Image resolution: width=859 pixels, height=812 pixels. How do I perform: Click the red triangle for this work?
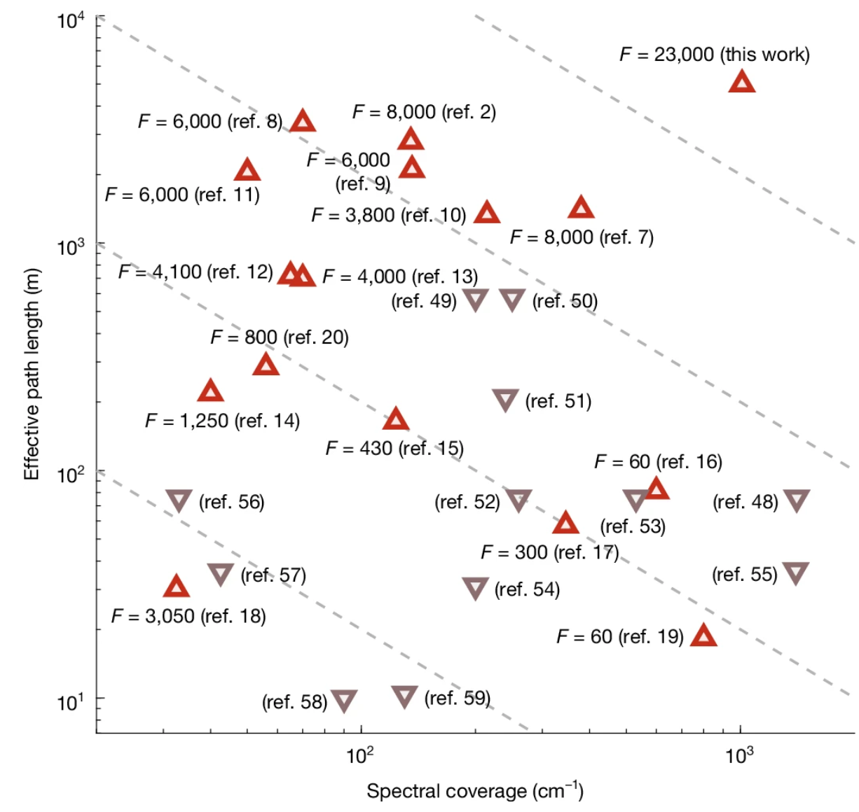coord(742,83)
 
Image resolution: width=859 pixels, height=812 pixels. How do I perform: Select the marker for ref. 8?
coord(303,122)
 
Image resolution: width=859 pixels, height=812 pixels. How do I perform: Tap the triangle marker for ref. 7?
coord(581,208)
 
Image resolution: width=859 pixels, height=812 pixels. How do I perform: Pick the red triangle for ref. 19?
coord(703,636)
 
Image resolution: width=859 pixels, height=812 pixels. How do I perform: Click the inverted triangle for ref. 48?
coord(797,500)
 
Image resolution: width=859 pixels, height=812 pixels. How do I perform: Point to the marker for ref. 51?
coord(505,400)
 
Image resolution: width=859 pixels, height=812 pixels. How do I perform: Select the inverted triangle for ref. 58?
coord(344,700)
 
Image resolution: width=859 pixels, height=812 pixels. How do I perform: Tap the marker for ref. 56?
coord(179,500)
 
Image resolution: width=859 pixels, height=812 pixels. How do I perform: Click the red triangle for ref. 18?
coord(177,587)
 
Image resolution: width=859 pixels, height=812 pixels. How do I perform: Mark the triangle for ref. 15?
coord(396,420)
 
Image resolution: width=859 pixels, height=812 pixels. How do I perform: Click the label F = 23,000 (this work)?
coord(714,55)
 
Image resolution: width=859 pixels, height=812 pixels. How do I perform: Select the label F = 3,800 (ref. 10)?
coord(389,215)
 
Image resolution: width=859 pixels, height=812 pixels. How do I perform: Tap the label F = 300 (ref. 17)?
coord(549,552)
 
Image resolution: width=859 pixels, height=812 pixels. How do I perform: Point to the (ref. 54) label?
coord(527,589)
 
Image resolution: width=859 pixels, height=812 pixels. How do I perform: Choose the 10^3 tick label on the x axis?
coord(739,755)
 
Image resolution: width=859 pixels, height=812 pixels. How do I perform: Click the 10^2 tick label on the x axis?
coord(360,755)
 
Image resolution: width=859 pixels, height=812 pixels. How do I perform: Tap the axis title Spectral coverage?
coord(474,791)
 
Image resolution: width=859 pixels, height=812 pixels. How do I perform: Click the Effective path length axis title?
coord(32,374)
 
